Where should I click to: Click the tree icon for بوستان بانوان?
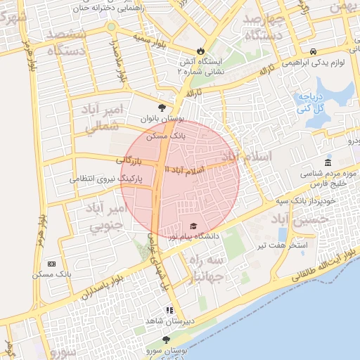pyautogui.click(x=163, y=108)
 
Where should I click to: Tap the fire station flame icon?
pyautogui.click(x=200, y=51)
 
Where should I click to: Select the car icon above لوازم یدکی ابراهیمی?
pyautogui.click(x=312, y=51)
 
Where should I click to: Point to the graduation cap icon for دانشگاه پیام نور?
pyautogui.click(x=193, y=226)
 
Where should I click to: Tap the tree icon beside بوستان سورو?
pyautogui.click(x=166, y=340)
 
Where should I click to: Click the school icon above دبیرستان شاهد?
pyautogui.click(x=169, y=309)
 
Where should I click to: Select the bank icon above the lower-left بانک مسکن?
pyautogui.click(x=51, y=263)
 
